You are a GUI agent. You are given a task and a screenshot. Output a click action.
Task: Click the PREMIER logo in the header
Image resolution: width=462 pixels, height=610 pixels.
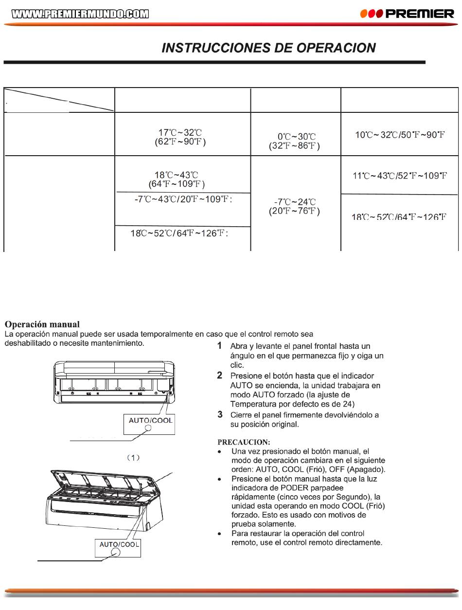tap(407, 14)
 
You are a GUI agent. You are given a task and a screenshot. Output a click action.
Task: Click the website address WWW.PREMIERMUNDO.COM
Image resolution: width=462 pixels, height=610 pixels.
tap(80, 14)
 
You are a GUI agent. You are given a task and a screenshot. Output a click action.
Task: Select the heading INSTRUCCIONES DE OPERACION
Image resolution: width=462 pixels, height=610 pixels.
tap(268, 48)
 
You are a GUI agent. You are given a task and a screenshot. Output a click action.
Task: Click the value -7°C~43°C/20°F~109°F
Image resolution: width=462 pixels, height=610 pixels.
tap(183, 199)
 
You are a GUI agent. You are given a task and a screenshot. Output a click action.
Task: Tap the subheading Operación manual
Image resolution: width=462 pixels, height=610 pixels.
tap(42, 324)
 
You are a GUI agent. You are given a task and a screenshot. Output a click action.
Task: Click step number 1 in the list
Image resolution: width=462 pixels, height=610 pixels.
tap(219, 346)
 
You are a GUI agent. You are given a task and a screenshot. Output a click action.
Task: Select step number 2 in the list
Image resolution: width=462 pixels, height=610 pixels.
tap(219, 376)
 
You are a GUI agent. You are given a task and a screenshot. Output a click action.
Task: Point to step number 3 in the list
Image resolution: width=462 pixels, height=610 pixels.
tap(220, 414)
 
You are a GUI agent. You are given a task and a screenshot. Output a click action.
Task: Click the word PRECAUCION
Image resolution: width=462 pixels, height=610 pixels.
tap(244, 442)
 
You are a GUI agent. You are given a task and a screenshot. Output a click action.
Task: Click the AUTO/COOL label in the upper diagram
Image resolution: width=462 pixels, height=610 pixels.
tap(151, 420)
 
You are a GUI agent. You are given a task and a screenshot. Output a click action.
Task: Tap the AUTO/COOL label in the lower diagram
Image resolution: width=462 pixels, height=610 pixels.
tap(119, 544)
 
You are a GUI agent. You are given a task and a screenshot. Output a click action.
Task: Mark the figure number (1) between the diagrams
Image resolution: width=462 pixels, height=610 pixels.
tap(133, 458)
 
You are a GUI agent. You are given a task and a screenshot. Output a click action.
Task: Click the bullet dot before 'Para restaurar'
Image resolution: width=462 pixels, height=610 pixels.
tap(220, 534)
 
